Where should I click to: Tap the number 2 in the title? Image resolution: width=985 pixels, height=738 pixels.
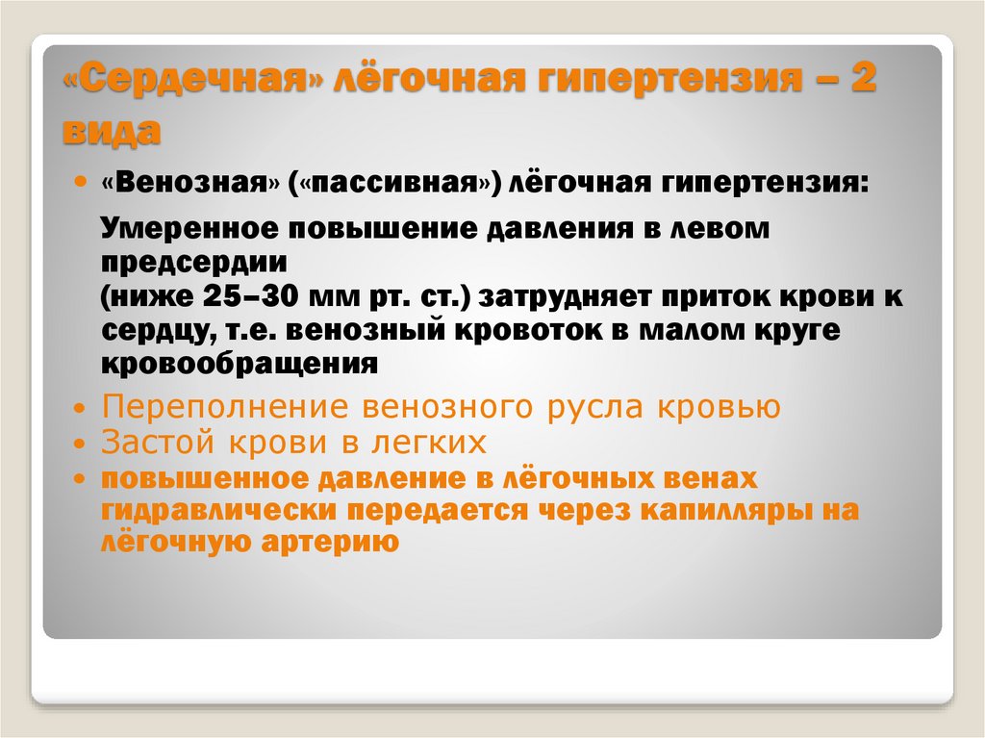[863, 79]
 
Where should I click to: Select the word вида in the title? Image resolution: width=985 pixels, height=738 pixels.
[112, 131]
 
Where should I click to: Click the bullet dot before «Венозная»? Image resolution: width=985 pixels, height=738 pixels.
[79, 182]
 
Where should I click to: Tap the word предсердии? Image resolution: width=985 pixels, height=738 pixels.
[194, 262]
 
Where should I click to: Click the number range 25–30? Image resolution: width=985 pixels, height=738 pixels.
[251, 296]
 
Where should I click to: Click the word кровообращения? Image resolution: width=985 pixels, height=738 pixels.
[240, 365]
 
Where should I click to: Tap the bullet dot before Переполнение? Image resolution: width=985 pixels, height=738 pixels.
[79, 409]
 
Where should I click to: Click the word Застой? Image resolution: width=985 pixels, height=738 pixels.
[158, 442]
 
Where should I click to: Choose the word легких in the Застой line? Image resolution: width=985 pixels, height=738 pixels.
[429, 442]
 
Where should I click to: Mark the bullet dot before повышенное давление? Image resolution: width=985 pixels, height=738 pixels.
[79, 479]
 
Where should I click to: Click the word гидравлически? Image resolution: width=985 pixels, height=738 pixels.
[219, 510]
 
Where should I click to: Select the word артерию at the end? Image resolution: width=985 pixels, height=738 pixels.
[330, 542]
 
